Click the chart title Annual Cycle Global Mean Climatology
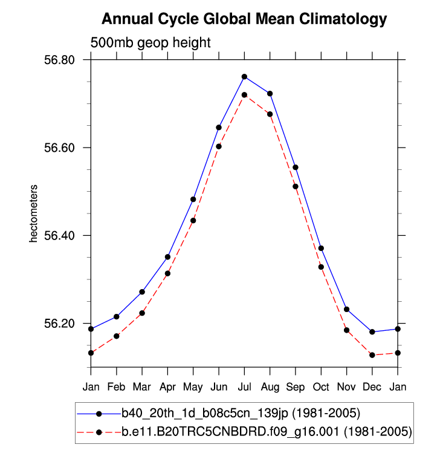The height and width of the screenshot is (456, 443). pyautogui.click(x=244, y=19)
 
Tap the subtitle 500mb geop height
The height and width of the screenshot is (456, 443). pyautogui.click(x=150, y=43)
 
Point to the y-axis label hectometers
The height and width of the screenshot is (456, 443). pyautogui.click(x=34, y=213)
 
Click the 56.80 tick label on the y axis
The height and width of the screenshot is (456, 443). pyautogui.click(x=60, y=60)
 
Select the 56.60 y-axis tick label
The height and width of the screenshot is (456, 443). pyautogui.click(x=60, y=148)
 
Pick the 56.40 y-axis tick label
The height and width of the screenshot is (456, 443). pyautogui.click(x=60, y=235)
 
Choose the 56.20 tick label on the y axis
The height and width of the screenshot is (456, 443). pyautogui.click(x=60, y=323)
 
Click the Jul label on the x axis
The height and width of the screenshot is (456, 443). pyautogui.click(x=244, y=386)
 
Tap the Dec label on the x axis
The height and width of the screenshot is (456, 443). pyautogui.click(x=372, y=386)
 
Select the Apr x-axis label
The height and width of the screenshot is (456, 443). pyautogui.click(x=167, y=386)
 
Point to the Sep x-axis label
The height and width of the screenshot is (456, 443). pyautogui.click(x=296, y=386)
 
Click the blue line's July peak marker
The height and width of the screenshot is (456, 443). pyautogui.click(x=244, y=77)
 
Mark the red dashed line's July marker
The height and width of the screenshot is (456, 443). pyautogui.click(x=244, y=95)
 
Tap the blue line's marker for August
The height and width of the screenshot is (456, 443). pyautogui.click(x=270, y=94)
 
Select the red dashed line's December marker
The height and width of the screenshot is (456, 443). pyautogui.click(x=372, y=355)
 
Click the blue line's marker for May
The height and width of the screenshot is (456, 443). pyautogui.click(x=193, y=199)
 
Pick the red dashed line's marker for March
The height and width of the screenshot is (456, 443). pyautogui.click(x=142, y=313)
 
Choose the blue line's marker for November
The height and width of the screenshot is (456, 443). pyautogui.click(x=347, y=309)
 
